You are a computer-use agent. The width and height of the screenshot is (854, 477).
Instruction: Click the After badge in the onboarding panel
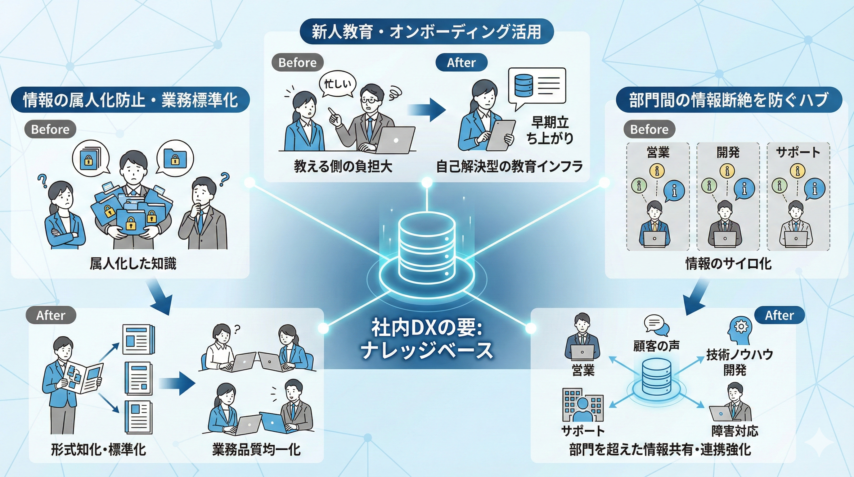[x=461, y=62]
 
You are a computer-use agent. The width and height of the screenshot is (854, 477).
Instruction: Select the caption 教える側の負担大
[x=343, y=166]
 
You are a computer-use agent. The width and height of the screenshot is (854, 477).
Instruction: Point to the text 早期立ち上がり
[x=550, y=130]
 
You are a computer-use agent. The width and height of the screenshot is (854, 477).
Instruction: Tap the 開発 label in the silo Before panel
[x=728, y=152]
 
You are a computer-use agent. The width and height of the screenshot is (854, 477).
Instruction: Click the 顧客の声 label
[x=656, y=346]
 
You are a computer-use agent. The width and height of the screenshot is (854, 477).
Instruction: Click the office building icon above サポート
[x=583, y=405]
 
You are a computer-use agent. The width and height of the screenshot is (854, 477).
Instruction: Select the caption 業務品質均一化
[x=256, y=450]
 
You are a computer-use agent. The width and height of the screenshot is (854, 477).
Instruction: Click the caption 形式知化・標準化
[x=98, y=450]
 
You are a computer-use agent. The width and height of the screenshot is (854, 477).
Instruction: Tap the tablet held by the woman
[x=500, y=135]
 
